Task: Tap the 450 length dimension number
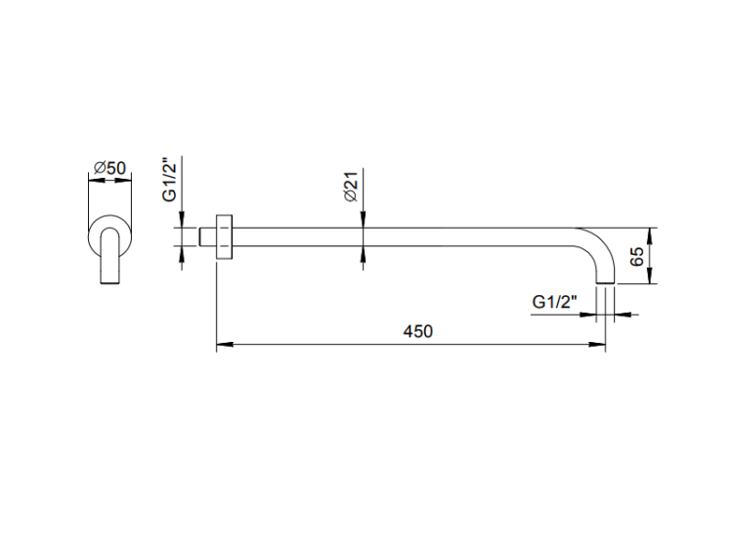417,331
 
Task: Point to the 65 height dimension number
636,257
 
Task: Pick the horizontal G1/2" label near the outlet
555,302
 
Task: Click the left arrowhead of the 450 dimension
221,344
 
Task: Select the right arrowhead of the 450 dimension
600,344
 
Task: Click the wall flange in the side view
223,237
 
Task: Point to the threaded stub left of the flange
206,237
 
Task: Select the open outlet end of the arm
607,284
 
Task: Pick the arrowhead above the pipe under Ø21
364,224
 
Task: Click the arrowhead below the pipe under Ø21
364,252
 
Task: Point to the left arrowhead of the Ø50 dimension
92,180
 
